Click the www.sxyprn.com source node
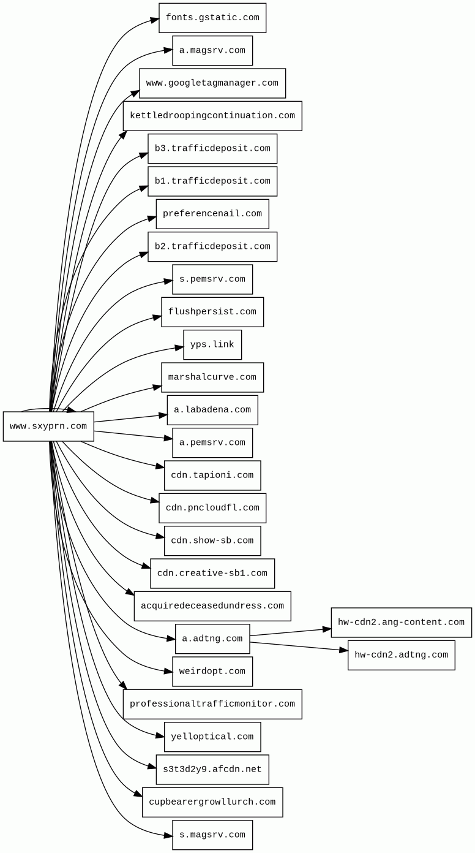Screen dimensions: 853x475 click(x=48, y=426)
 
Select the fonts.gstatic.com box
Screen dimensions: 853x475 click(x=212, y=18)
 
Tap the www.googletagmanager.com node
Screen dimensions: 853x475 click(x=212, y=83)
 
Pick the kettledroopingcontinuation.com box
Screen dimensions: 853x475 click(x=212, y=116)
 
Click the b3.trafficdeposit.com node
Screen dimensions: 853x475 click(x=212, y=149)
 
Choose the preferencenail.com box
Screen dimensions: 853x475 click(x=212, y=214)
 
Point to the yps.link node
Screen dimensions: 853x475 click(x=212, y=345)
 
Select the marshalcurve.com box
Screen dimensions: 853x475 click(x=212, y=377)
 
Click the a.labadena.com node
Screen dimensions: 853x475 click(x=212, y=410)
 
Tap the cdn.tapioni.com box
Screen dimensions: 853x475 click(x=212, y=476)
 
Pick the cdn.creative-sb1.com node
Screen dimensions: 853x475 click(x=212, y=574)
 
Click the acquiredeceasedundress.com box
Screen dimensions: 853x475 click(x=212, y=606)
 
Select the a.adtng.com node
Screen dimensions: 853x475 click(x=212, y=639)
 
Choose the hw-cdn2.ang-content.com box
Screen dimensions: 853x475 click(x=401, y=623)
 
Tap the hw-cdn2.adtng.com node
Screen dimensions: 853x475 click(x=401, y=655)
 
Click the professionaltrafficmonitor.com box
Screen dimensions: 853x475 click(x=212, y=704)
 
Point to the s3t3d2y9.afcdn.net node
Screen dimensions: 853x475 click(x=212, y=770)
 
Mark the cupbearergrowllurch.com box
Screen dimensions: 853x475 click(x=212, y=802)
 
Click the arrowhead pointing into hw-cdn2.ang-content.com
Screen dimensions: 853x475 click(x=327, y=629)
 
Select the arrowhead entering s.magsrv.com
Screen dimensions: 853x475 click(x=168, y=835)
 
